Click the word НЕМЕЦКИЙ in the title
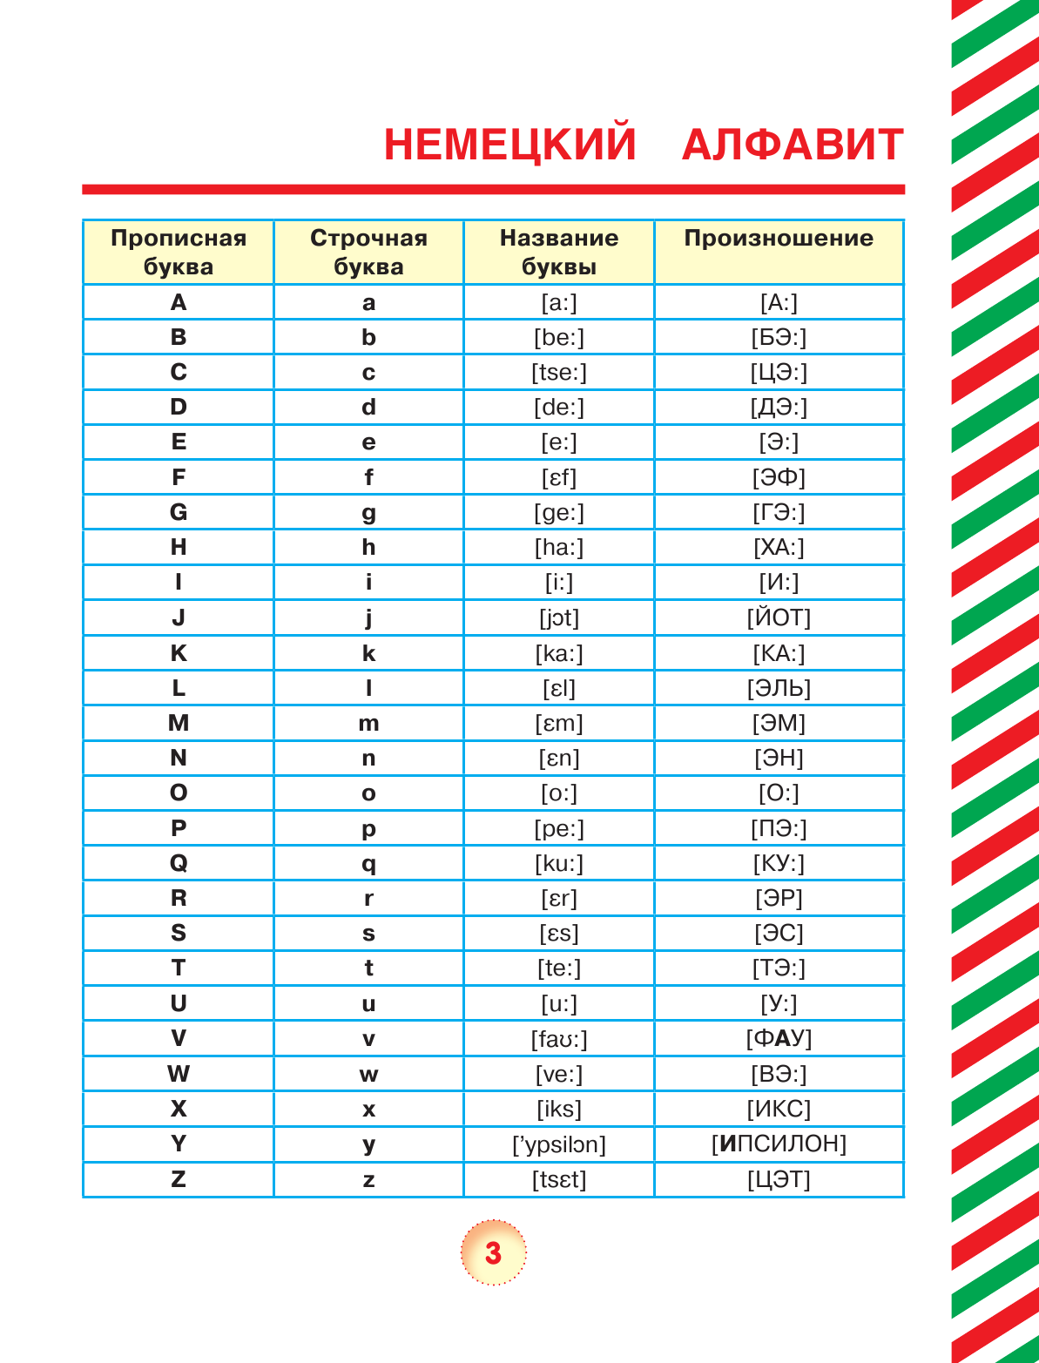coord(509,145)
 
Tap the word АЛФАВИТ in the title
coord(793,145)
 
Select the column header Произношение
coord(779,239)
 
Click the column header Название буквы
coord(559,252)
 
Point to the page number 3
coord(493,1252)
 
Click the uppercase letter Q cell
coord(179,863)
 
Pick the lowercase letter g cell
coord(368,513)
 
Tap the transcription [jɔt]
coord(559,617)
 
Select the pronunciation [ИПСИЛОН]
coord(779,1144)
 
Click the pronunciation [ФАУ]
coord(779,1038)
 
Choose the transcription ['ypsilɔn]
coord(559,1144)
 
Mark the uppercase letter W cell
coord(179,1074)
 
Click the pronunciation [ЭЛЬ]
coord(779,688)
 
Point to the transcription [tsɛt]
coord(559,1179)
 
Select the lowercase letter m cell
coord(368,724)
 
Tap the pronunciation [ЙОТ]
coord(779,617)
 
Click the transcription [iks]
coord(559,1109)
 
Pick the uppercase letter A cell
coord(179,302)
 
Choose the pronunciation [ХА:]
coord(779,547)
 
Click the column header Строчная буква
coord(368,252)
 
